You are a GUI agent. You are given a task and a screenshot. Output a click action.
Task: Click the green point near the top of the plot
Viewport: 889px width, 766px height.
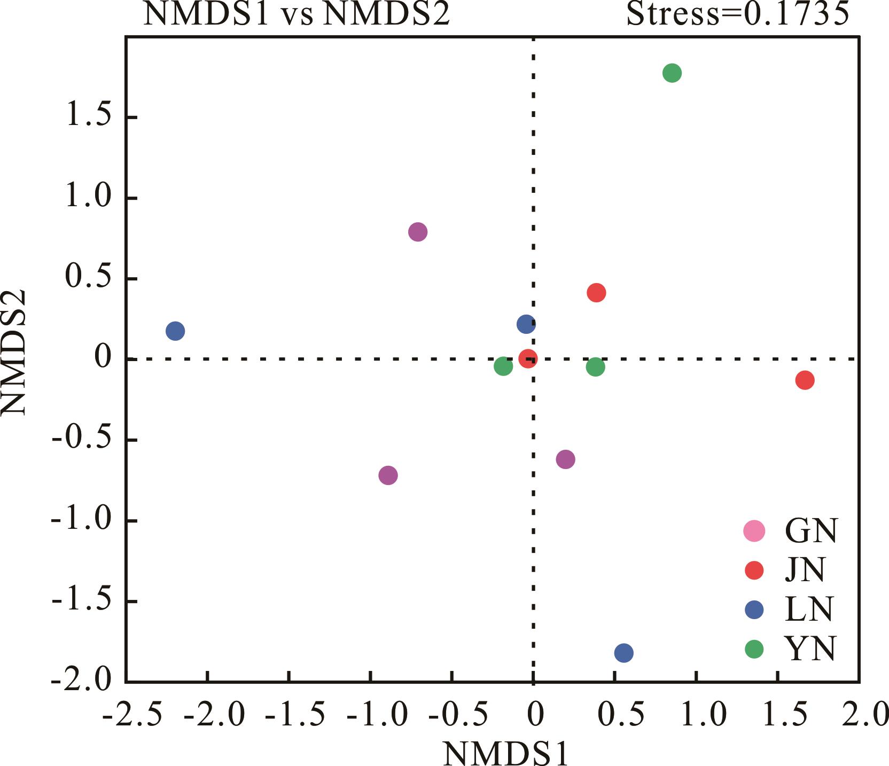point(672,73)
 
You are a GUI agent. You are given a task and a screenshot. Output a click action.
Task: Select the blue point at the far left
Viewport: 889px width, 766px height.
point(175,331)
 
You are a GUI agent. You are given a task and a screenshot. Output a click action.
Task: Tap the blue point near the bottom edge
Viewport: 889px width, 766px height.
point(623,653)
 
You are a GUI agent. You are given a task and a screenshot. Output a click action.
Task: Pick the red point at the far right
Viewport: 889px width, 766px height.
point(805,380)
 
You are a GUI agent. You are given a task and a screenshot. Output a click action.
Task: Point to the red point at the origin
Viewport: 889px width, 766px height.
point(528,359)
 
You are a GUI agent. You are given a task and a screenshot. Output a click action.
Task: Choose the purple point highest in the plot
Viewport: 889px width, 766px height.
point(418,232)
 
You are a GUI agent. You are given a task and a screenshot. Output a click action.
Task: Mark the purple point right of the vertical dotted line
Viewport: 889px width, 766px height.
point(565,459)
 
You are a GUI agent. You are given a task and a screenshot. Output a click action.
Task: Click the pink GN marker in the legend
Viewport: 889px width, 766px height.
point(754,531)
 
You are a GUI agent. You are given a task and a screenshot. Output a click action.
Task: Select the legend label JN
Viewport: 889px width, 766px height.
point(805,570)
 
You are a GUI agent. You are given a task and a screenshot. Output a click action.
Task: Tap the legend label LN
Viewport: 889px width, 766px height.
point(809,609)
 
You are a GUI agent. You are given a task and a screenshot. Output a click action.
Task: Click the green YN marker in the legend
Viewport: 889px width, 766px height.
point(754,649)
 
